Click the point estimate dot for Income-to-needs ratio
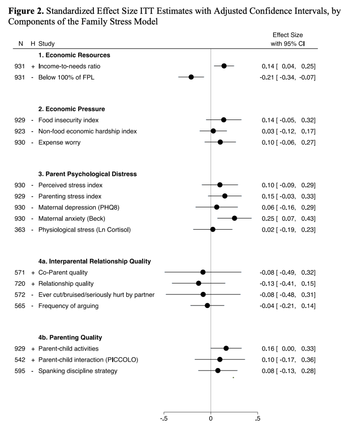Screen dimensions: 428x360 coord(224,66)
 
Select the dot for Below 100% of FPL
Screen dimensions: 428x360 coord(191,77)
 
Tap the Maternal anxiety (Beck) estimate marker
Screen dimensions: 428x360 coord(234,218)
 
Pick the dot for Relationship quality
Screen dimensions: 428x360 coord(199,283)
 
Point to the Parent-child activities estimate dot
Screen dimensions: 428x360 coord(226,348)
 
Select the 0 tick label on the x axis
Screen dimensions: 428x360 coord(211,419)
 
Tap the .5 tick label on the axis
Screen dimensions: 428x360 coord(258,419)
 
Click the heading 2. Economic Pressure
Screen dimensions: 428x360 coord(72,109)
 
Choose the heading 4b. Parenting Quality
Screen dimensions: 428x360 coord(70,338)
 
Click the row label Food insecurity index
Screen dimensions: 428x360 coord(69,120)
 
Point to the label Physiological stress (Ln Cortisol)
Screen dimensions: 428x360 coord(84,230)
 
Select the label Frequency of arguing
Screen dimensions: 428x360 coord(69,306)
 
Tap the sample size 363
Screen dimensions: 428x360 coord(20,230)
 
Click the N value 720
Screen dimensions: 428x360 coord(20,284)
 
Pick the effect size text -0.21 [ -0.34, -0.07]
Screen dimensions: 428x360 coord(288,77)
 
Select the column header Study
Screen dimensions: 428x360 coord(46,44)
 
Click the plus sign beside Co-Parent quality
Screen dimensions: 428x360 coord(33,272)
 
